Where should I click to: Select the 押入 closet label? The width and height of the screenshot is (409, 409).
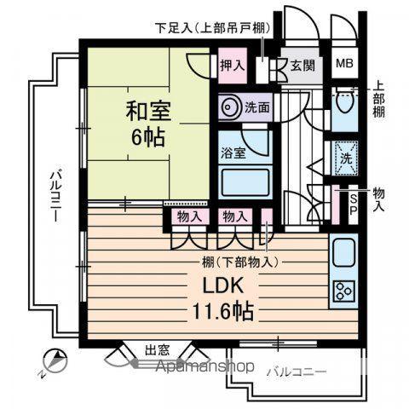pos(232,65)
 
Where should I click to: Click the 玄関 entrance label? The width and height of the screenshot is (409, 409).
pos(302,66)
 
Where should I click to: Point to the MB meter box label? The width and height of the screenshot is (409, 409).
pos(344,63)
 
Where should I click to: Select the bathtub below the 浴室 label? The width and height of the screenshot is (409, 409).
pos(244,182)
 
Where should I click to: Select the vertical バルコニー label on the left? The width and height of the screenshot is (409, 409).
pos(53,196)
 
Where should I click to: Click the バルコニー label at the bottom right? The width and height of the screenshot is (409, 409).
pos(295,371)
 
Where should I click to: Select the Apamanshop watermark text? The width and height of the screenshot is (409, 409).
pos(204,368)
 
